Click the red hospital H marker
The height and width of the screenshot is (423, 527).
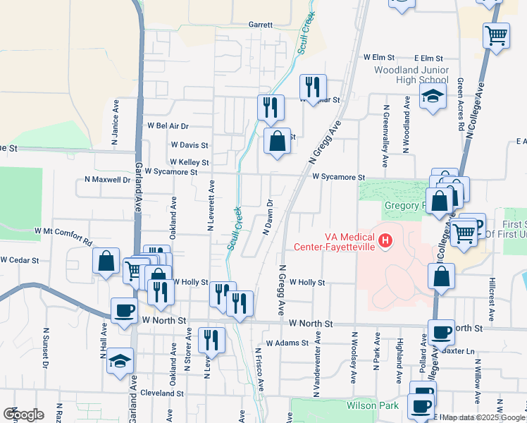click(x=385, y=242)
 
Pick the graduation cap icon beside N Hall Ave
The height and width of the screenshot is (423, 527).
click(x=120, y=360)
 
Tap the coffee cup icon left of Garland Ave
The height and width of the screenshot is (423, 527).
click(x=125, y=309)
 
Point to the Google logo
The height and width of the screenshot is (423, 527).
click(x=24, y=415)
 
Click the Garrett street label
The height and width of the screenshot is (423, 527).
click(x=260, y=24)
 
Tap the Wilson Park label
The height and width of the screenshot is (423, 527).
click(x=372, y=405)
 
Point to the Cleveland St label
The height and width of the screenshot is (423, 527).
click(x=161, y=393)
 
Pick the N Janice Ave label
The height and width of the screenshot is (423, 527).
click(x=115, y=122)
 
